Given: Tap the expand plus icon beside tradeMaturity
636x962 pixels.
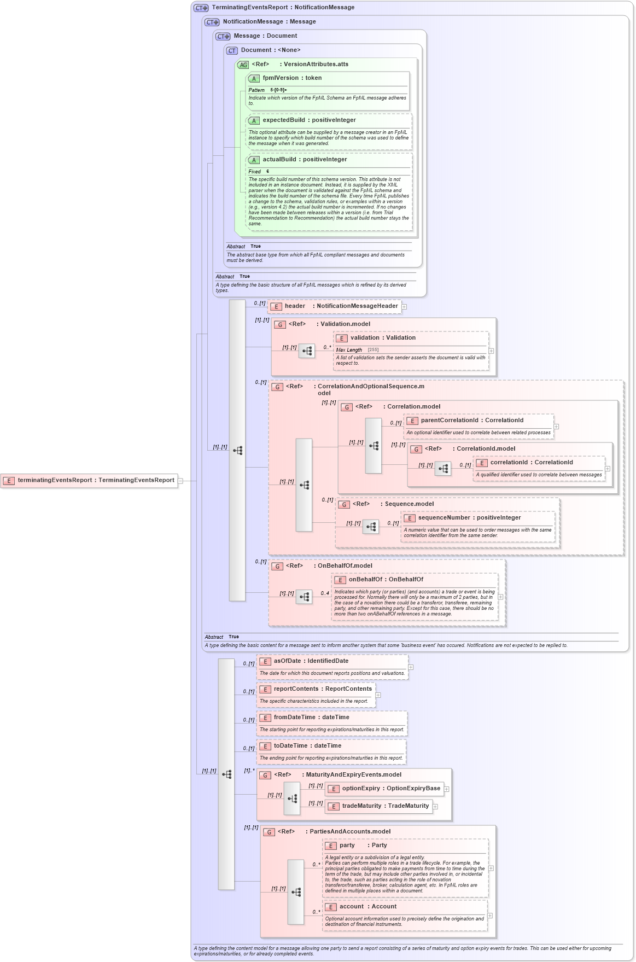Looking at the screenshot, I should click(435, 806).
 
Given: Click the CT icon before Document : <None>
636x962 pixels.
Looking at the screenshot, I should click(232, 50).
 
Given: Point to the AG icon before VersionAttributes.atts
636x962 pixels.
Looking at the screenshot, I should click(243, 65).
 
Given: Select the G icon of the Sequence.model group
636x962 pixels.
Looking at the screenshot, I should click(344, 504).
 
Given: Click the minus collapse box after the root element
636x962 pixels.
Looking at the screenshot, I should click(180, 481).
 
